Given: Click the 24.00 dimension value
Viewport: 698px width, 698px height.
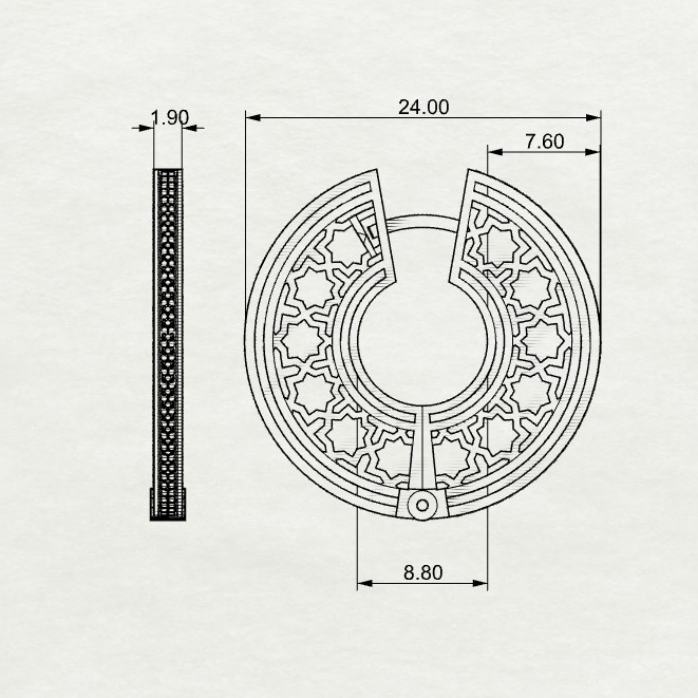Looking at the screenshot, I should pos(424,107).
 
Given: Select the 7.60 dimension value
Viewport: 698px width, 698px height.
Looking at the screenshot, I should pos(544,141).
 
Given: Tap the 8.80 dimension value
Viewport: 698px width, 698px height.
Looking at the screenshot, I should pos(423,573).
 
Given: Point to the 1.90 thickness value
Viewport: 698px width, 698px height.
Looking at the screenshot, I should pos(169,118).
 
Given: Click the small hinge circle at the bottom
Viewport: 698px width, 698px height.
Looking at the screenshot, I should pos(422,505).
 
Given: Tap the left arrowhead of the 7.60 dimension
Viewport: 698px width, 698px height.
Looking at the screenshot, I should pos(495,152).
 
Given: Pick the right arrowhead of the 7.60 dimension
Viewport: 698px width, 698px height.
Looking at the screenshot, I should pos(592,152).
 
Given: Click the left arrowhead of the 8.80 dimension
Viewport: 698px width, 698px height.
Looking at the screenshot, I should pos(365,583).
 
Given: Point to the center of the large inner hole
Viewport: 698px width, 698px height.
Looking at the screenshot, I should pos(422,343).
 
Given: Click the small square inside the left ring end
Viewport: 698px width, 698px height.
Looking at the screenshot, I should pos(372,231).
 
